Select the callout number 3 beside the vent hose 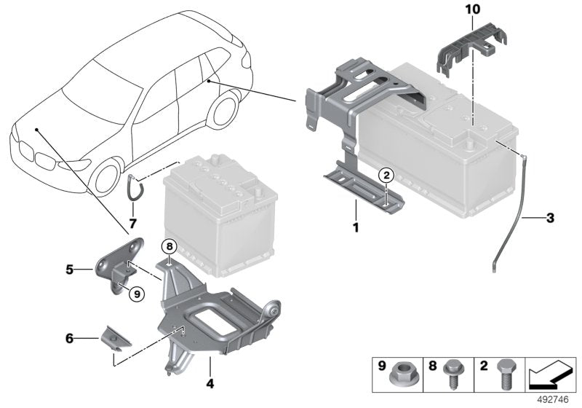point(550,217)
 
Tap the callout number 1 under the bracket point(356,227)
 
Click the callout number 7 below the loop point(133,221)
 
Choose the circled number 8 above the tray point(169,246)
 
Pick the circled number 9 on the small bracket point(136,294)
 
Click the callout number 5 point(70,268)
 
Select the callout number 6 point(70,338)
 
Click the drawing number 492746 point(557,399)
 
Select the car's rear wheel point(226,107)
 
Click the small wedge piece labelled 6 point(114,337)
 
